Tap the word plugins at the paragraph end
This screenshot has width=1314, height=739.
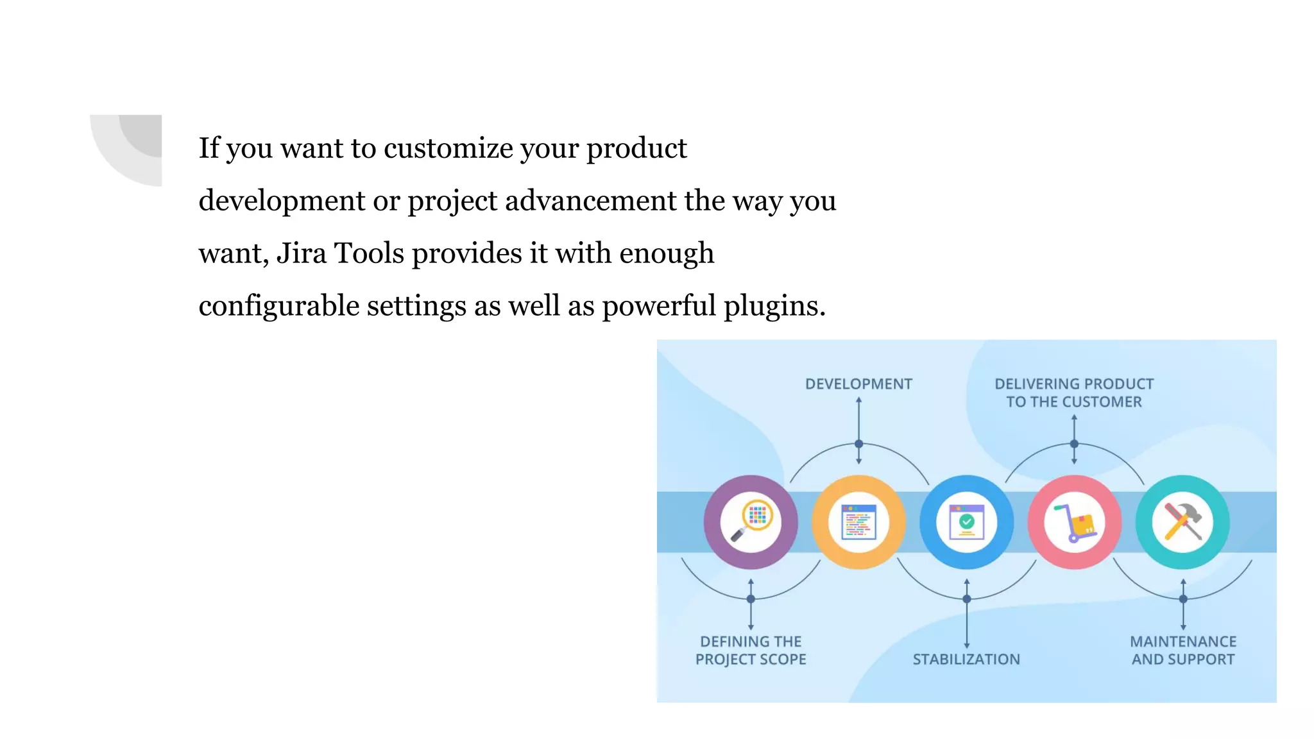pyautogui.click(x=774, y=306)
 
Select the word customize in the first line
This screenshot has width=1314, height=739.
pyautogui.click(x=448, y=148)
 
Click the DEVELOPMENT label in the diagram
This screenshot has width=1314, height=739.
pyautogui.click(x=858, y=384)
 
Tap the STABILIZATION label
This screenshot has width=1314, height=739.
pyautogui.click(x=966, y=659)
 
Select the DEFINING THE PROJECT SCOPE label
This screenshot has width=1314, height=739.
pyautogui.click(x=751, y=650)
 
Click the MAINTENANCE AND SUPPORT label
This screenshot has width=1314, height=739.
pyautogui.click(x=1183, y=650)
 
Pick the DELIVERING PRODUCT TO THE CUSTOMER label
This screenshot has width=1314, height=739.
pyautogui.click(x=1074, y=393)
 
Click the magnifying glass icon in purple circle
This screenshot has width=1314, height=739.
pyautogui.click(x=751, y=522)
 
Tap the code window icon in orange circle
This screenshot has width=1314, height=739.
pyautogui.click(x=858, y=522)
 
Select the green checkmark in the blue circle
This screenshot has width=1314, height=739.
pyautogui.click(x=967, y=522)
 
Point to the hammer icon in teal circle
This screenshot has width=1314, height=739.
pyautogui.click(x=1184, y=521)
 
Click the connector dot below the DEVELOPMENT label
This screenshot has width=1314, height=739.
pyautogui.click(x=858, y=444)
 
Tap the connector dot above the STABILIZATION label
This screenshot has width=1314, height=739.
pyautogui.click(x=967, y=599)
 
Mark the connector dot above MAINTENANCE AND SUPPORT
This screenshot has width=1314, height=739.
pyautogui.click(x=1183, y=599)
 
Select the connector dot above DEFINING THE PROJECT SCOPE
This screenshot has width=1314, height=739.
pyautogui.click(x=751, y=599)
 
